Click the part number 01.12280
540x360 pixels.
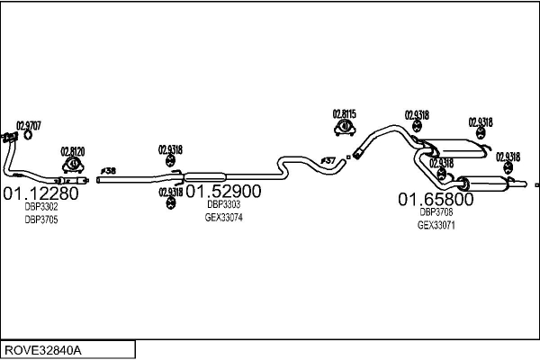point(41,193)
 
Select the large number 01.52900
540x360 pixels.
point(223,191)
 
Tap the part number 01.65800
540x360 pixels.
point(436,198)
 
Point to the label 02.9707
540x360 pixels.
point(29,126)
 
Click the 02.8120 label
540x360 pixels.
point(73,151)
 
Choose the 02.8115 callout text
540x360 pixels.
point(345,113)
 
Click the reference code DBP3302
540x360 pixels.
point(41,207)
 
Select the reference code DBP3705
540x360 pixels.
point(41,220)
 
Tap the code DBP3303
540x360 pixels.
point(223,204)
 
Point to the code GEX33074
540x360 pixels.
point(223,217)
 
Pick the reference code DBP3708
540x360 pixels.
point(436,212)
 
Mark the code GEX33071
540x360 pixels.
point(436,225)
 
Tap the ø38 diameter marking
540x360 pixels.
point(108,170)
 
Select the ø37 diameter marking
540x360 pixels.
point(328,160)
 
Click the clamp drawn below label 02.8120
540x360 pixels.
point(73,166)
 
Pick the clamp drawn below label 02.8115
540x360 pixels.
point(345,130)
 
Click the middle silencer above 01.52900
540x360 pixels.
point(203,175)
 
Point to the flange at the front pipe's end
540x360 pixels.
point(9,137)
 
